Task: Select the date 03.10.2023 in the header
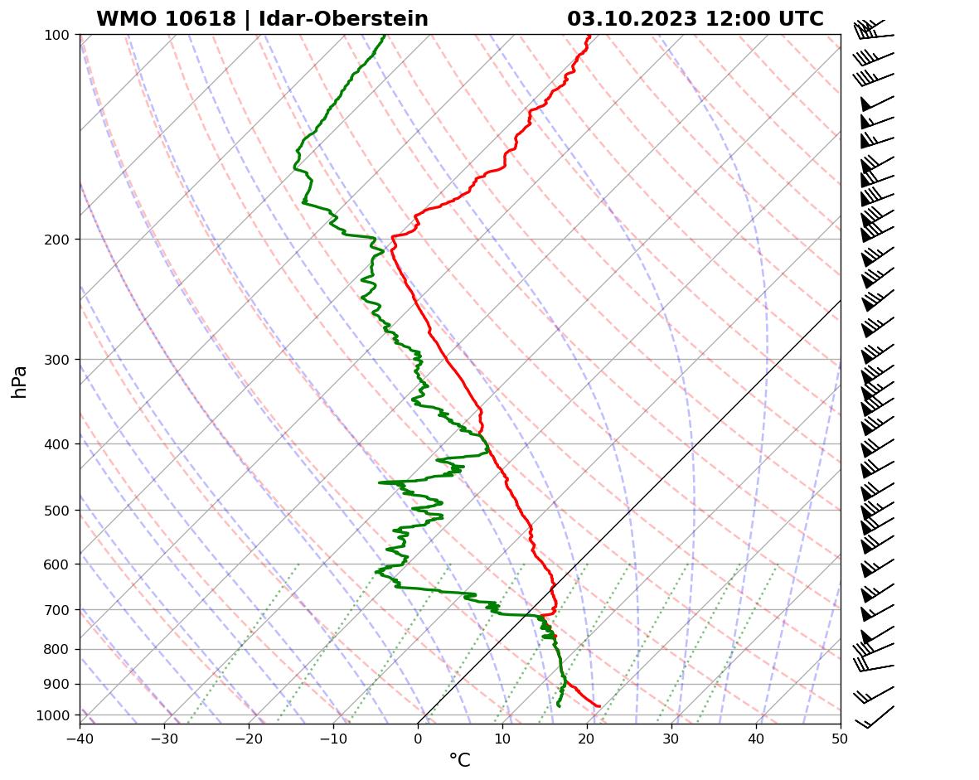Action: coord(632,19)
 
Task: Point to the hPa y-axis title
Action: coord(19,381)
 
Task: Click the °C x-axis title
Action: coord(459,761)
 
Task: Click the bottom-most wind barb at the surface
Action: coord(874,718)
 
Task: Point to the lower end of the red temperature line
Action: coord(599,706)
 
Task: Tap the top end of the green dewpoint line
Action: coord(385,36)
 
